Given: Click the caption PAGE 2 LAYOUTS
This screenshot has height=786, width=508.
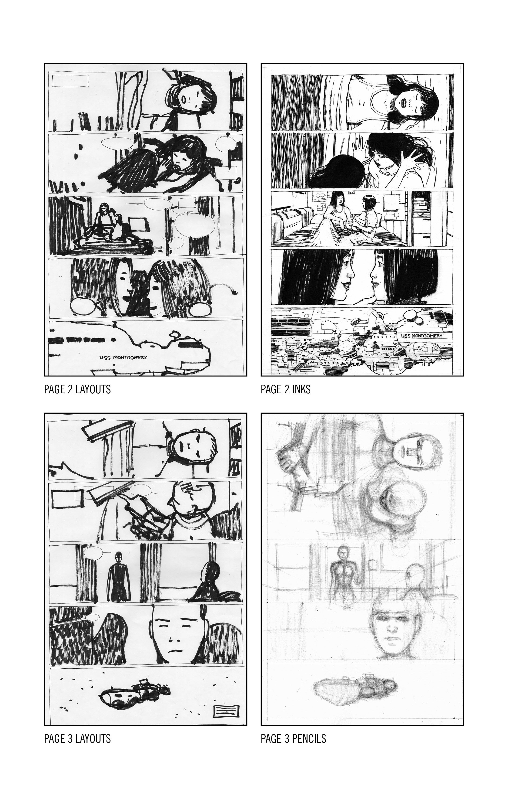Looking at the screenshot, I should pos(77,389).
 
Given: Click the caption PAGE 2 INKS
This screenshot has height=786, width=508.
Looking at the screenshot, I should pos(285,389).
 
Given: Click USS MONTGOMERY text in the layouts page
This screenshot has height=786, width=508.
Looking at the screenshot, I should pos(123,357).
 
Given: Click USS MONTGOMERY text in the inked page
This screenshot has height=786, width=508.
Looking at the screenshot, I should pos(421,336).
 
